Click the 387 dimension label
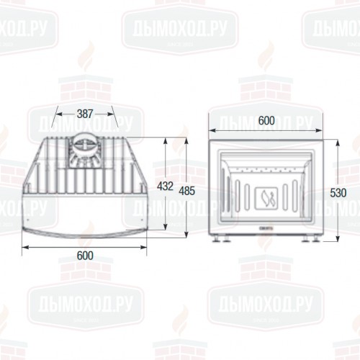point(86,113)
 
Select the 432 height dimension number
point(166,186)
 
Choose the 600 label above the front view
point(265,122)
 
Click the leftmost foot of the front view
point(217,240)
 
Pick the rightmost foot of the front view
point(315,240)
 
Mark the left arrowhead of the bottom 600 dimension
point(24,248)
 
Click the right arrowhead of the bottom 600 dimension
point(148,248)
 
